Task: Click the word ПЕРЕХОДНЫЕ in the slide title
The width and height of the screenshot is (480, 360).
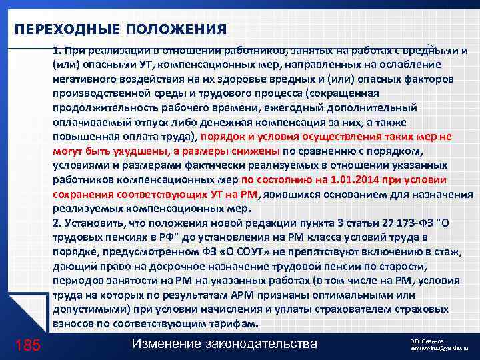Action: pyautogui.click(x=54, y=29)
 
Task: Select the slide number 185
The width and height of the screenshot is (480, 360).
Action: pyautogui.click(x=27, y=345)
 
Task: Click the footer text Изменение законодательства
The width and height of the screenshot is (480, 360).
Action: pyautogui.click(x=224, y=343)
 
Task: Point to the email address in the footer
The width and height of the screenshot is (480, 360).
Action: pyautogui.click(x=439, y=349)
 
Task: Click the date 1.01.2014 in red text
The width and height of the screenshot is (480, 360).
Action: pyautogui.click(x=347, y=179)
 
